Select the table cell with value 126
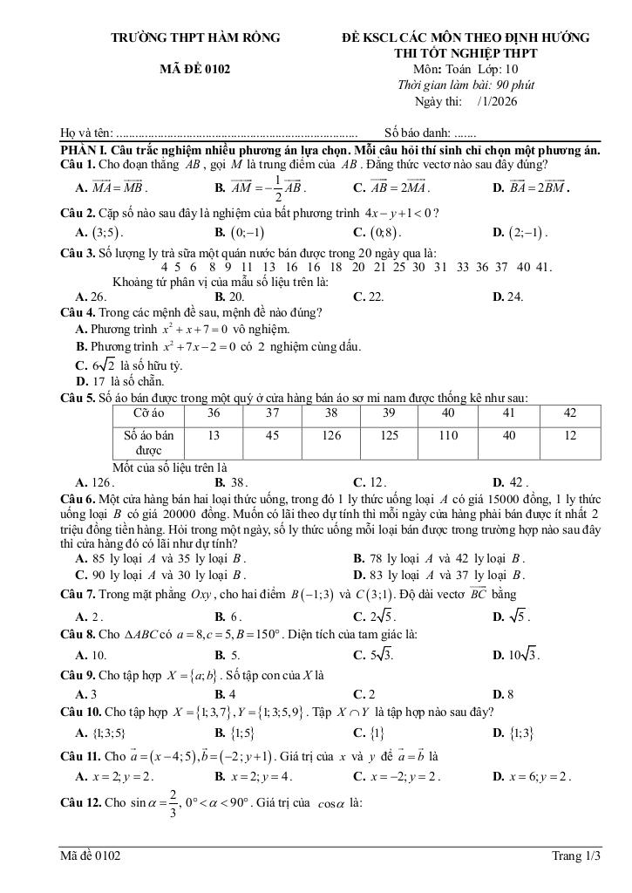click(331, 433)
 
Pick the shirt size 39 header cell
click(390, 412)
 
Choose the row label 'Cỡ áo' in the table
click(150, 412)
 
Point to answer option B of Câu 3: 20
click(230, 297)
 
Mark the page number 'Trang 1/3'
click(576, 856)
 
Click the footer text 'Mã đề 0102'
click(91, 856)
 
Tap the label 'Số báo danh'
click(416, 133)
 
